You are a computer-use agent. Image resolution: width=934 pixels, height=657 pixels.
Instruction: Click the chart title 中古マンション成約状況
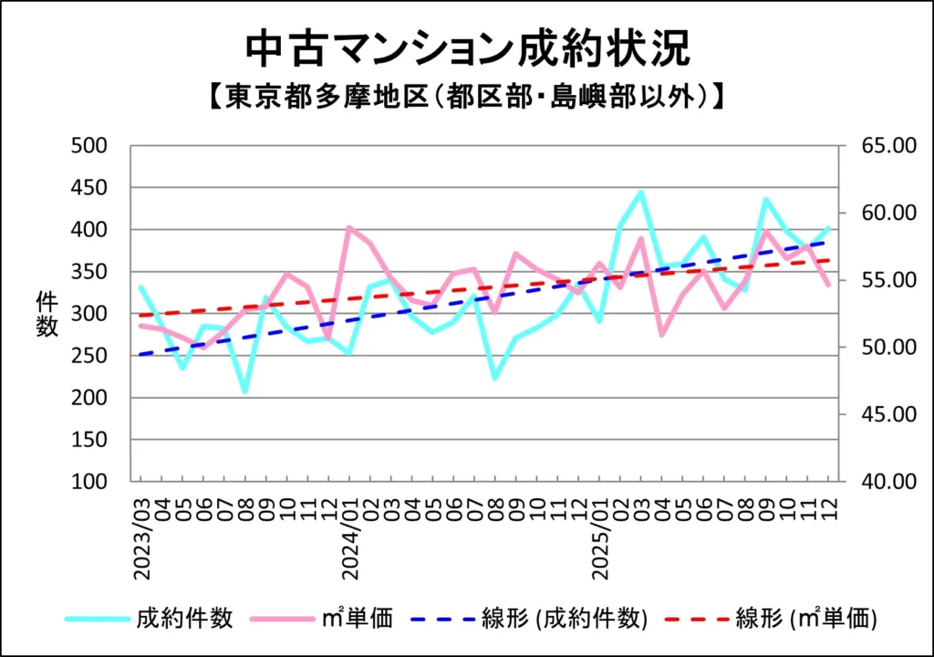point(467,48)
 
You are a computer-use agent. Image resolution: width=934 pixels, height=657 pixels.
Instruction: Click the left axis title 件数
point(47,313)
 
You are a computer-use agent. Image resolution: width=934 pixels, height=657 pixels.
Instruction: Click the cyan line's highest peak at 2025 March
point(641,193)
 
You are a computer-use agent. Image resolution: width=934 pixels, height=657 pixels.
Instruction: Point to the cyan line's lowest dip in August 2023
point(244,391)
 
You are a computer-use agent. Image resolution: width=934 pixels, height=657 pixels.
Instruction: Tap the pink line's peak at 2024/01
point(349,228)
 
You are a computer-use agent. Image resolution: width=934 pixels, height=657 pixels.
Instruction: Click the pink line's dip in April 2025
point(661,335)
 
